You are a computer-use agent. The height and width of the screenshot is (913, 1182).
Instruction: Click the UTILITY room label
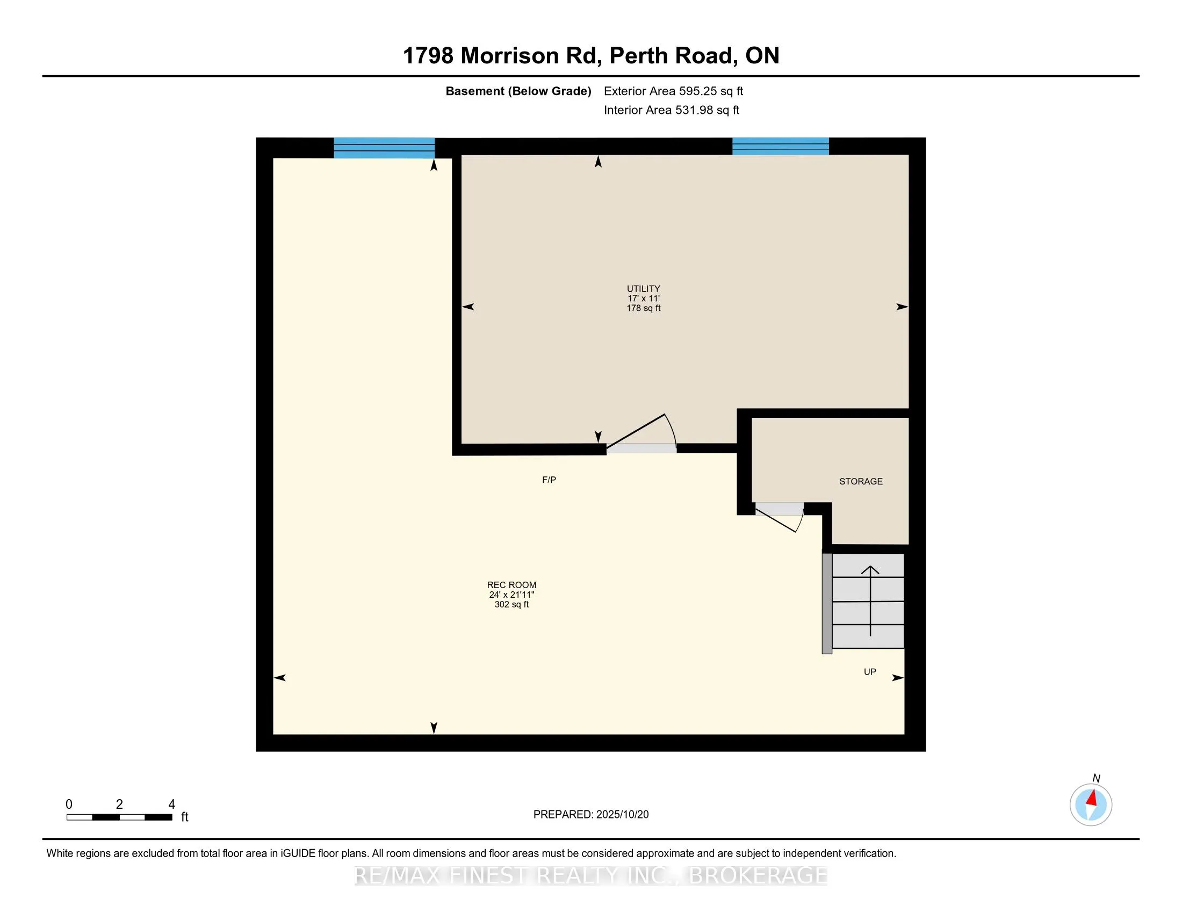(x=643, y=288)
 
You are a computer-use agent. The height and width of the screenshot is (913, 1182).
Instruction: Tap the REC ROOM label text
(x=511, y=585)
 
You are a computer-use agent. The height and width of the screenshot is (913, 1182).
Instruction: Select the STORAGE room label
(x=861, y=481)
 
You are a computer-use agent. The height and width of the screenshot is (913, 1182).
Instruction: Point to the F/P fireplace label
(x=549, y=480)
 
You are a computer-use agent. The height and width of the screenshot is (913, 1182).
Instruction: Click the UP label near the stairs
(x=869, y=672)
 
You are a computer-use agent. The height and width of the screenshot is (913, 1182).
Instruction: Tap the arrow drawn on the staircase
(x=870, y=600)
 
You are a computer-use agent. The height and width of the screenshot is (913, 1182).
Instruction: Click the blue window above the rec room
(x=384, y=148)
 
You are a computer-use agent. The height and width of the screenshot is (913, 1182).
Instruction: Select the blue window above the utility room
(x=780, y=146)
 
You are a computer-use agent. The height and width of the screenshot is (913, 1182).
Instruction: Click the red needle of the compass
(x=1092, y=798)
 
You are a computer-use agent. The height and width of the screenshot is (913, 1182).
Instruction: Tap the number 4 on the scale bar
(x=171, y=805)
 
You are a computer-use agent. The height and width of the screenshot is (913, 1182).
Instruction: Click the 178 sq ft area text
(x=643, y=308)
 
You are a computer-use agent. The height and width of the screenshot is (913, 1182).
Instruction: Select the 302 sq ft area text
(x=511, y=605)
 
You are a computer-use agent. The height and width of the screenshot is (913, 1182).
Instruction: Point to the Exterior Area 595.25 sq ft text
(x=673, y=91)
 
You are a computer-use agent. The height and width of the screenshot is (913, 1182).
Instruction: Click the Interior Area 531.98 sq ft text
(x=671, y=110)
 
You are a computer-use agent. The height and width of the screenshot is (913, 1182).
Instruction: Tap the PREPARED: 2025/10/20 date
(x=590, y=815)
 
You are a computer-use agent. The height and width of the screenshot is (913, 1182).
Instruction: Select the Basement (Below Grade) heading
(x=518, y=91)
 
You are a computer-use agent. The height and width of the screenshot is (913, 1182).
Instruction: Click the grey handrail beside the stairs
(x=826, y=603)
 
